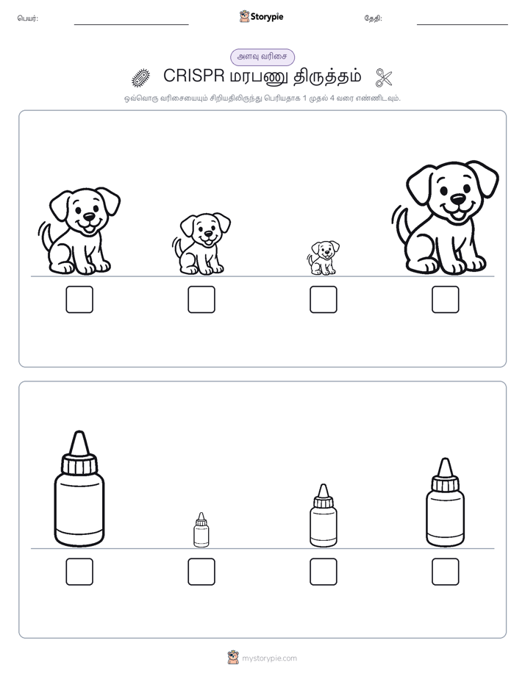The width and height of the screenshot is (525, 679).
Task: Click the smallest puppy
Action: point(323,258)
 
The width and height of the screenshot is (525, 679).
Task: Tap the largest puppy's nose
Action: point(458,198)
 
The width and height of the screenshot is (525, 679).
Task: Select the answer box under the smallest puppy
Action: point(323,299)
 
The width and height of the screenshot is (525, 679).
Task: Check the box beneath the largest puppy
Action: point(446,299)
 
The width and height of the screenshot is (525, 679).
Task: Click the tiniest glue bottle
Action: point(201,530)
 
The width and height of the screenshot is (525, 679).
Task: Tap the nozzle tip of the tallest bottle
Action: point(79,432)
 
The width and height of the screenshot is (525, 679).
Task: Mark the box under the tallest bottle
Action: point(79,572)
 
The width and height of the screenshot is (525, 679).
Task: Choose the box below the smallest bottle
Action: point(201,572)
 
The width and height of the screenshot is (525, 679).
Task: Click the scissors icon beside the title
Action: point(384,77)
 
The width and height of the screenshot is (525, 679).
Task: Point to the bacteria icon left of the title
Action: point(140,77)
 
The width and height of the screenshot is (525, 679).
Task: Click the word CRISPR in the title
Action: point(193,76)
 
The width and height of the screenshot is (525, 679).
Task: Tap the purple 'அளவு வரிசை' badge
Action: point(262,57)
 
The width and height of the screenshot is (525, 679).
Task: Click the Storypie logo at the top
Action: point(261,17)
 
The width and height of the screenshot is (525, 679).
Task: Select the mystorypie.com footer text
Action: point(269,658)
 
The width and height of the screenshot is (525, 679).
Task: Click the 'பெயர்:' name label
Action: point(28,18)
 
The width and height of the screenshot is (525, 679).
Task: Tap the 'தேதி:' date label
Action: point(373,18)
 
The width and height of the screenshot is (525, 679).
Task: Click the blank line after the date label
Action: point(463,25)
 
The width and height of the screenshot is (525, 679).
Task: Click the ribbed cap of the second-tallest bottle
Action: point(446,484)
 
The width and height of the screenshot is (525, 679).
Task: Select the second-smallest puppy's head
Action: point(205,229)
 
